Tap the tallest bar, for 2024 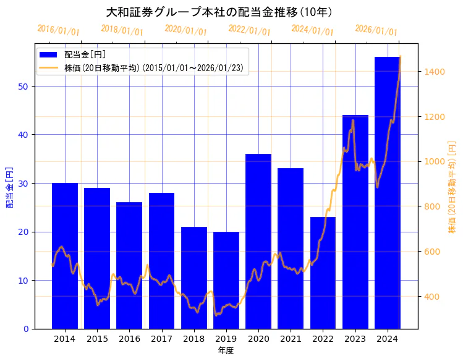[x=388, y=192]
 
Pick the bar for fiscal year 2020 [x=258, y=241]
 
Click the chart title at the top [x=219, y=12]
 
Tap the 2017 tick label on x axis [x=161, y=339]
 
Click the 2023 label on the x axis [x=355, y=339]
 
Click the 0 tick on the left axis [x=26, y=329]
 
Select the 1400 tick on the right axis [x=435, y=72]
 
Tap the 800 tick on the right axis [x=433, y=206]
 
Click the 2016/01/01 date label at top [x=58, y=30]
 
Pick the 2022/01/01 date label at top [x=249, y=30]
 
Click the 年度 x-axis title [x=226, y=350]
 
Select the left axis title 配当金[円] [x=9, y=187]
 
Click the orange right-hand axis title [x=452, y=187]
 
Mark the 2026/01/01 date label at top [x=376, y=30]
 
